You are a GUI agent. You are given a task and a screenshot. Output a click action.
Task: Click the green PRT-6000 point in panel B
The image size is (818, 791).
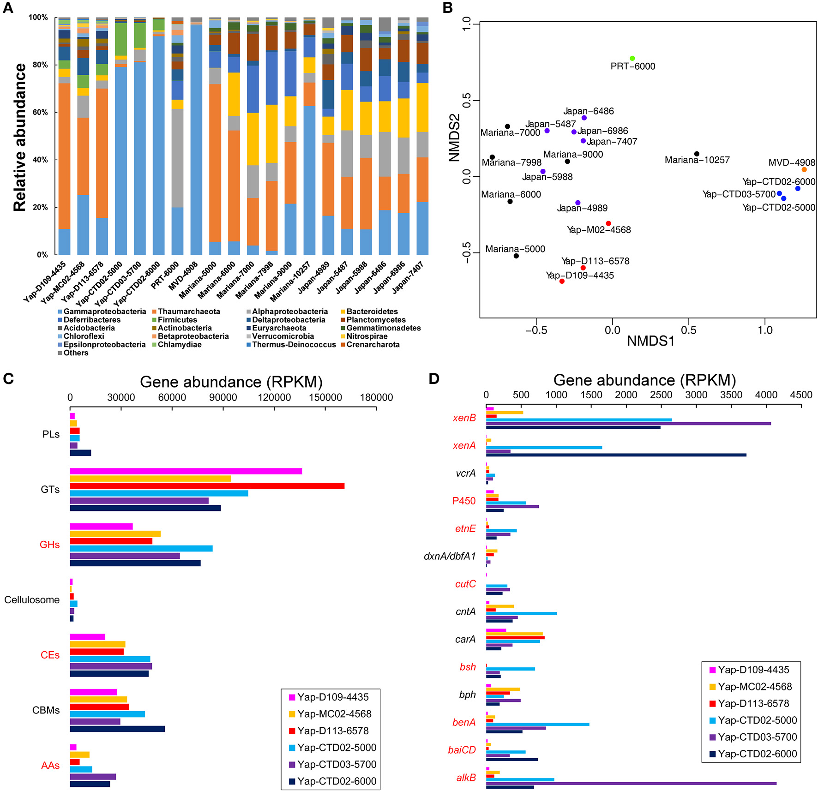click(632, 59)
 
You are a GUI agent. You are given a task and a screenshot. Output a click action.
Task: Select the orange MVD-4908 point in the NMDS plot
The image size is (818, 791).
click(804, 170)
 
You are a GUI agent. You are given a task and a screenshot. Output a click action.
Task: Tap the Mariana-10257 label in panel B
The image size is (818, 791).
click(697, 160)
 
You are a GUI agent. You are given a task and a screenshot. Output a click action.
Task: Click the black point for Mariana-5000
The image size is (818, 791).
click(516, 256)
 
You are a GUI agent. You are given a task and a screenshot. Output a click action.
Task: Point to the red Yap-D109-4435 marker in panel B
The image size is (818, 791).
click(562, 281)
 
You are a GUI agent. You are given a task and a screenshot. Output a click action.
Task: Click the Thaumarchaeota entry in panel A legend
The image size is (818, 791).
click(189, 312)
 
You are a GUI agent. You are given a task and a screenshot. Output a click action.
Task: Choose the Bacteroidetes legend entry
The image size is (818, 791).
click(372, 312)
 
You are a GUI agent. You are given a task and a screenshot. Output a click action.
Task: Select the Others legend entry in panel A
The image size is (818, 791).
click(76, 353)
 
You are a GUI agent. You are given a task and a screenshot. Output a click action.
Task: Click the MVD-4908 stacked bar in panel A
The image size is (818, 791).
click(196, 138)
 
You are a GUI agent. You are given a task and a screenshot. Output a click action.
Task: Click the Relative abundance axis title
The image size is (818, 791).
click(20, 138)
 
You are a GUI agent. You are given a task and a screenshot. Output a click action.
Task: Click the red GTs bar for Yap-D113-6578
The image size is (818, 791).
click(207, 486)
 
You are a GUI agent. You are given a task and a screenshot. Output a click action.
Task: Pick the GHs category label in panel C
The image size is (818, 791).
click(50, 545)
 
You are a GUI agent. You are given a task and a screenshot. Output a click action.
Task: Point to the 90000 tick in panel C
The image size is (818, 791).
click(223, 397)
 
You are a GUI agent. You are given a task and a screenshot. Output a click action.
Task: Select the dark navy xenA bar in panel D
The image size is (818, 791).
click(616, 455)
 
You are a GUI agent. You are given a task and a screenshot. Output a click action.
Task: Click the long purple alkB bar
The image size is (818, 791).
click(631, 783)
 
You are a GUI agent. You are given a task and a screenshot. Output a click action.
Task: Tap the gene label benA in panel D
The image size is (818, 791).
click(464, 722)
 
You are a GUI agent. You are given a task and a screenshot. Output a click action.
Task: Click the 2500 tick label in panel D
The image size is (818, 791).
click(661, 395)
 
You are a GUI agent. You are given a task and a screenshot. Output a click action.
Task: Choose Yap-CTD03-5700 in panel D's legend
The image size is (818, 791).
click(757, 737)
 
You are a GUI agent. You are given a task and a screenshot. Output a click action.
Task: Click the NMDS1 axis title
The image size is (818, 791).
click(650, 341)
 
